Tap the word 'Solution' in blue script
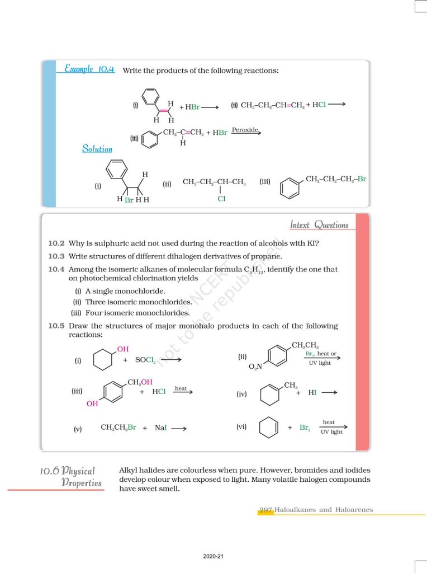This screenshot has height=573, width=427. coord(97,149)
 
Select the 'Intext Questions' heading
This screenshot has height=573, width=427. coord(319,225)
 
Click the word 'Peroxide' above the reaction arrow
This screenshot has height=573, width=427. coord(245,129)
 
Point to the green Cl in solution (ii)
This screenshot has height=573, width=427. coord(221,198)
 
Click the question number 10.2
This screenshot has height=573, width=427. coord(56,243)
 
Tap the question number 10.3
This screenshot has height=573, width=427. coord(56,256)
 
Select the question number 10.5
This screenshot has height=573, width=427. coord(56,326)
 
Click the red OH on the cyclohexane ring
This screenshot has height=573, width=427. coord(122,349)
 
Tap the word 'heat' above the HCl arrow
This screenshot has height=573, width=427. coord(181,388)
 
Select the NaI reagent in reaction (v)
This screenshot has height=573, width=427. coord(160,428)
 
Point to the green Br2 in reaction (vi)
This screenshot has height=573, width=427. coord(305,428)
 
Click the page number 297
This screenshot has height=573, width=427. coord(265,510)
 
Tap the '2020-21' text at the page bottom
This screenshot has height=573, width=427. coord(214,557)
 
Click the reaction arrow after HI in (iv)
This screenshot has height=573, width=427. coord(329,393)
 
